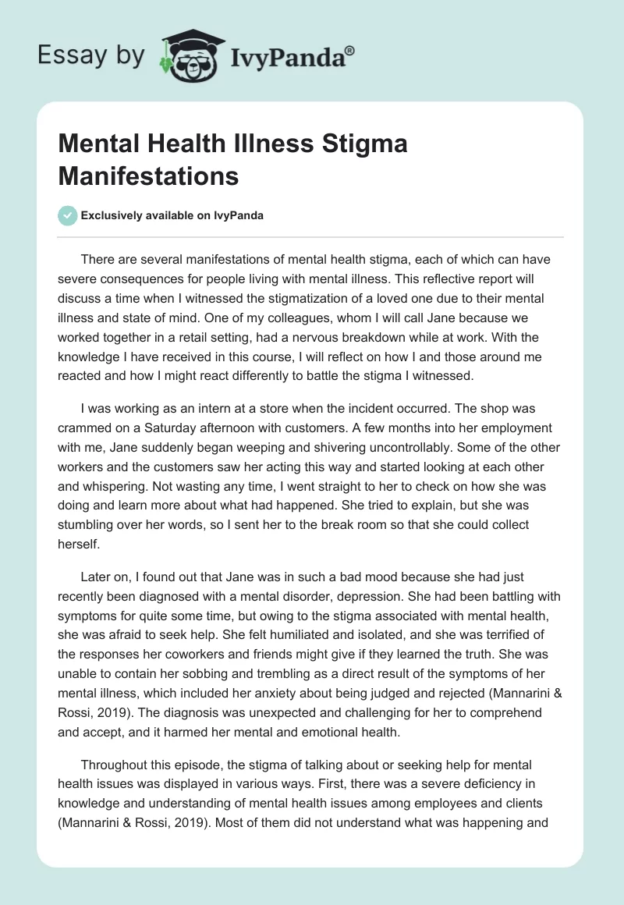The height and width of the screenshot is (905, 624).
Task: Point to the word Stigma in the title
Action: tap(363, 144)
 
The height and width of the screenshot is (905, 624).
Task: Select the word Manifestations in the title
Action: tap(148, 176)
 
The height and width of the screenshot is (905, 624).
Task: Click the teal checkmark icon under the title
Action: tap(68, 216)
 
